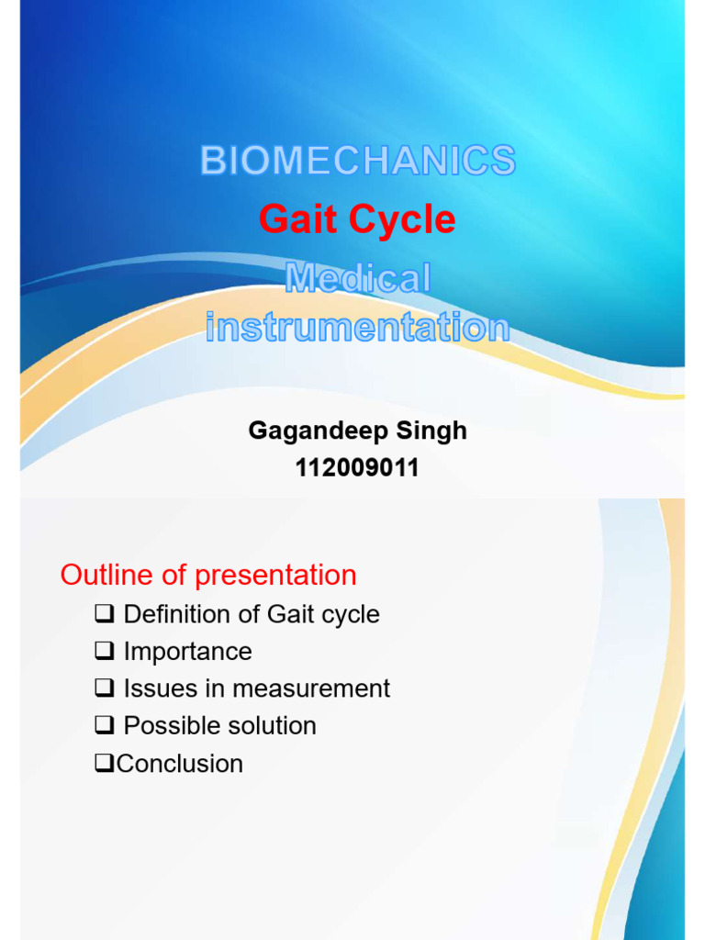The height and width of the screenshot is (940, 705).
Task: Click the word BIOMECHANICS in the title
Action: [358, 162]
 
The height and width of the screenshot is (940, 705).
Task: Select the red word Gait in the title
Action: [293, 219]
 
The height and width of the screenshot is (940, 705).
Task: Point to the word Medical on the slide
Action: [358, 278]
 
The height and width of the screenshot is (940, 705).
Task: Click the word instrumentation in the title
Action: [357, 327]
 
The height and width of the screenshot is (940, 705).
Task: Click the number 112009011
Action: [357, 468]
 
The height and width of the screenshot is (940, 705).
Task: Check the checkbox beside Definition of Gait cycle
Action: [105, 614]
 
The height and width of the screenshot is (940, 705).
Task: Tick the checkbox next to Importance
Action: [105, 652]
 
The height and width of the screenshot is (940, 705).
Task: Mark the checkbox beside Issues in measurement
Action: [105, 688]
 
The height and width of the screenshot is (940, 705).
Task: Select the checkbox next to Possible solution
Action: [105, 726]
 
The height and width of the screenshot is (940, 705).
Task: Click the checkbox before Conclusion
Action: [105, 764]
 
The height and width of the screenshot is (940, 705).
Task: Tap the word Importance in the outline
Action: [187, 652]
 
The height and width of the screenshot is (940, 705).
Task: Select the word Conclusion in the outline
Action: [180, 764]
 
